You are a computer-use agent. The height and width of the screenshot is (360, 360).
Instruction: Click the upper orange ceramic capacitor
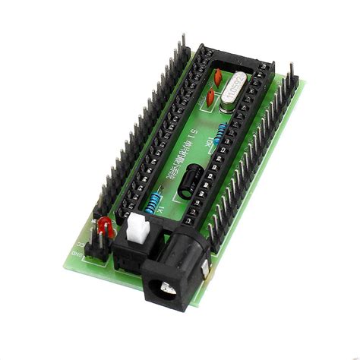click(x=218, y=77)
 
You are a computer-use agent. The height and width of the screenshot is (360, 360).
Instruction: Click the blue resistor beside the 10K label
click(x=220, y=134)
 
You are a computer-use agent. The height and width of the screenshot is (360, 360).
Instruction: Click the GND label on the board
click(x=75, y=254)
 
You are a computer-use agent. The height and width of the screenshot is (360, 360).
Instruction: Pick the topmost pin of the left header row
click(x=183, y=39)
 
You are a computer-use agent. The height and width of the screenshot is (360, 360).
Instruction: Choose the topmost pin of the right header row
click(x=291, y=70)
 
